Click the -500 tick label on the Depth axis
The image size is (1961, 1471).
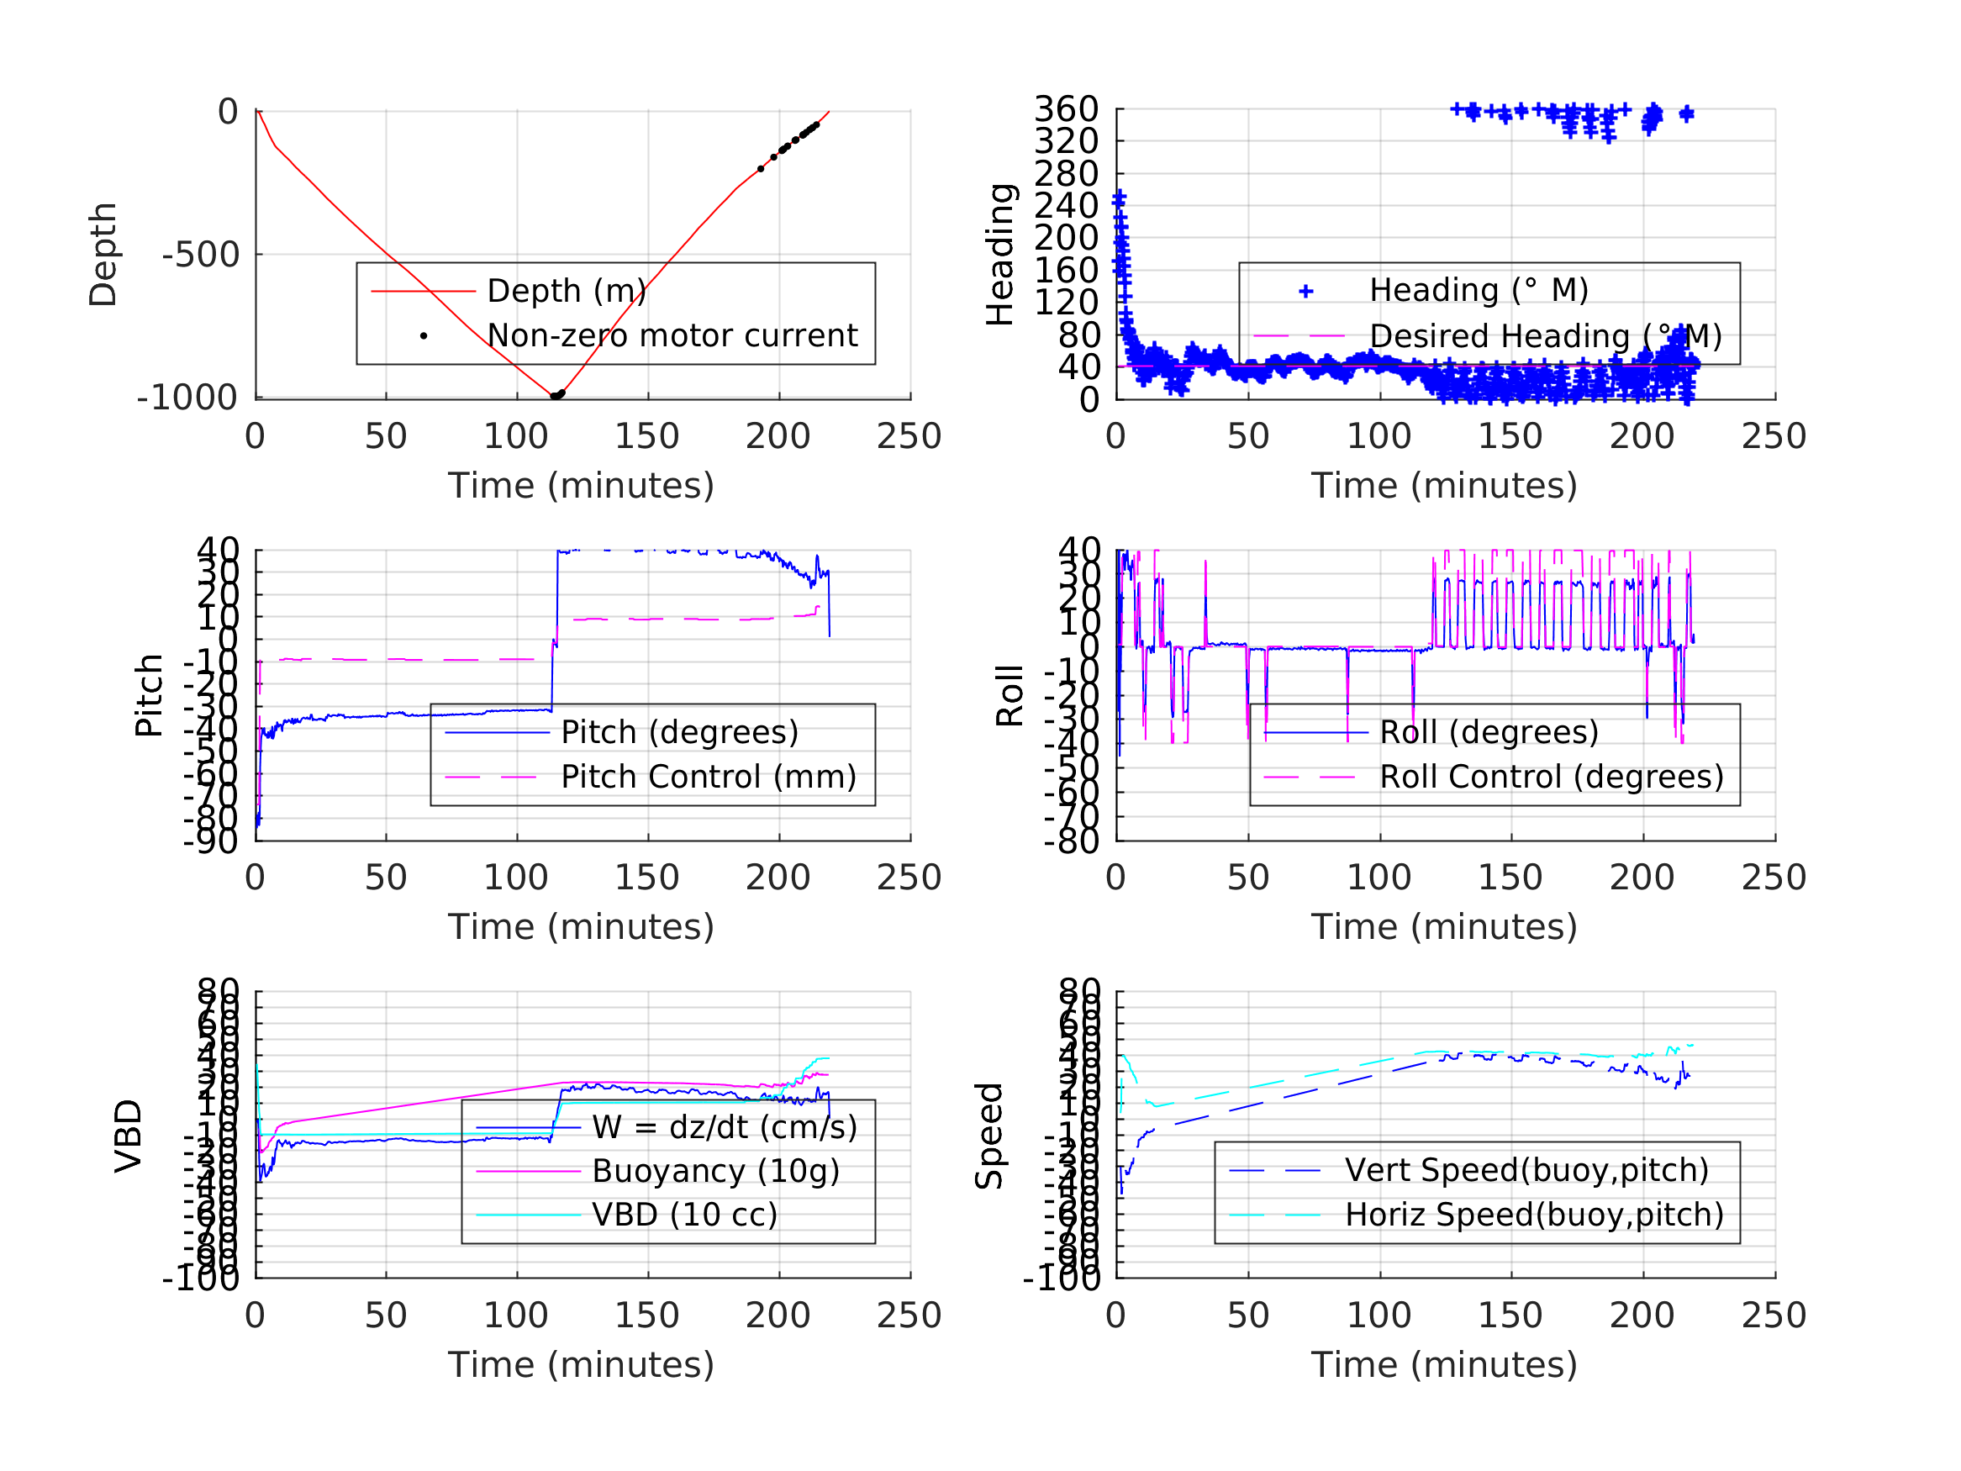click(x=200, y=256)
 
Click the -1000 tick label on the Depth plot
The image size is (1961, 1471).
click(x=187, y=398)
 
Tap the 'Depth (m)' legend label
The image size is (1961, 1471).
click(x=567, y=291)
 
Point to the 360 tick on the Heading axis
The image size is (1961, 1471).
click(x=1066, y=109)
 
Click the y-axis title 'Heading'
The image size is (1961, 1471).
click(x=1000, y=256)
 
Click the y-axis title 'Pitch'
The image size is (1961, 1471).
click(x=149, y=696)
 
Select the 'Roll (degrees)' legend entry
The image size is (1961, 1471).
click(x=1489, y=732)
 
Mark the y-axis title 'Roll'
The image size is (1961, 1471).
click(x=1009, y=696)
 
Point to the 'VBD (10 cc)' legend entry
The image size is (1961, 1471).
click(x=684, y=1215)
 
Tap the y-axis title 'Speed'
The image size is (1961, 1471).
click(x=989, y=1136)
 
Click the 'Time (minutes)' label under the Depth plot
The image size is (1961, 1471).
click(x=581, y=486)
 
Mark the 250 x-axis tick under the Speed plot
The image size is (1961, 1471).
click(x=1773, y=1315)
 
